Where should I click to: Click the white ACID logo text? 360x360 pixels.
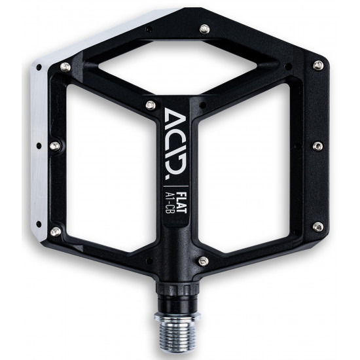click(176, 141)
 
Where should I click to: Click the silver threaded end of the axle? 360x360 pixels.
click(176, 332)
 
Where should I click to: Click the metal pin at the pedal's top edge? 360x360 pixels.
click(204, 29)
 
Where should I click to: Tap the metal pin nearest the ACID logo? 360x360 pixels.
click(151, 105)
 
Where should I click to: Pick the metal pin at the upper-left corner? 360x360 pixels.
click(65, 67)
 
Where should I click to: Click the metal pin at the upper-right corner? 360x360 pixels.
click(318, 65)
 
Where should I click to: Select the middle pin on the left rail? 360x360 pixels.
click(55, 146)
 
